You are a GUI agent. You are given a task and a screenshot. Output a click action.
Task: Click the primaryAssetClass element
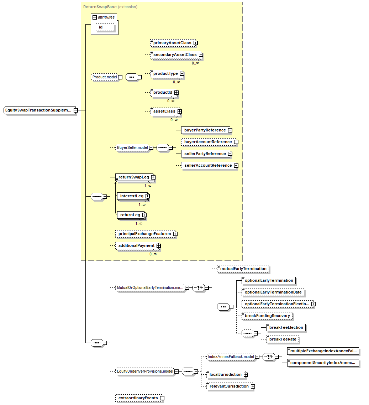click(x=172, y=43)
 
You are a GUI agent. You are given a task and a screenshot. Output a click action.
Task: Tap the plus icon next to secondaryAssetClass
click(x=201, y=55)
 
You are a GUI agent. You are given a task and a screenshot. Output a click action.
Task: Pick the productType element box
click(x=165, y=74)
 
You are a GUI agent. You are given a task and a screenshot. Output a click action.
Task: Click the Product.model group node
click(x=105, y=77)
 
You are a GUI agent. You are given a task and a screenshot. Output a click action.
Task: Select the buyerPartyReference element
click(x=205, y=130)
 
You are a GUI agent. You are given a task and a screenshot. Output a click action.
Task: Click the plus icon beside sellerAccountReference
click(x=236, y=166)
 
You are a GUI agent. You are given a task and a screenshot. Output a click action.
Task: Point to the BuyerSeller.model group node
click(x=132, y=147)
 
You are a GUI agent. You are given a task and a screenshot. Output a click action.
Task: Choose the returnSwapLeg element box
click(x=133, y=177)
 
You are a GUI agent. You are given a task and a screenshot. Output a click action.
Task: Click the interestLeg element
click(x=132, y=196)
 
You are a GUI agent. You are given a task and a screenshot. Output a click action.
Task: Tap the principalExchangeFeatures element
click(x=144, y=234)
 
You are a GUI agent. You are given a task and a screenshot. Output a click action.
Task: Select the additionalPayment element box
click(x=136, y=246)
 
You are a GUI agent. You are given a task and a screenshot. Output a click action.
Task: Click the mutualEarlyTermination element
click(x=243, y=269)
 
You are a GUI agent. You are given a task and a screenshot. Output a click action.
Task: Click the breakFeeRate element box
click(x=282, y=339)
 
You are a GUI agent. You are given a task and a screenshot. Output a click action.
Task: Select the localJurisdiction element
click(x=225, y=375)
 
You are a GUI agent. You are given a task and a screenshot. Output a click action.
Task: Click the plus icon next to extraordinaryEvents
click(x=162, y=398)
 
